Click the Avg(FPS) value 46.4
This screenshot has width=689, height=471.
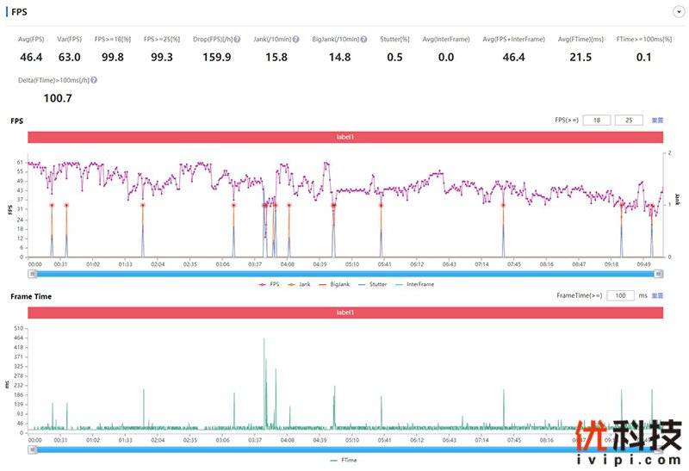click(x=31, y=57)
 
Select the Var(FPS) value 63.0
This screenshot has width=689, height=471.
click(x=70, y=57)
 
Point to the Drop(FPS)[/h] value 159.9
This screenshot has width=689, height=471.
click(x=215, y=57)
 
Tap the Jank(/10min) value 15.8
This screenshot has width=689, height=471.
click(x=276, y=57)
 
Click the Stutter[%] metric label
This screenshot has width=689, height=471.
click(x=394, y=39)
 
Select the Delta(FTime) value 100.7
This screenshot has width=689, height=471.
click(x=58, y=98)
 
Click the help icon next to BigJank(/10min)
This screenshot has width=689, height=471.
click(x=364, y=40)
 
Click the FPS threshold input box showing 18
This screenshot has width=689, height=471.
click(x=596, y=121)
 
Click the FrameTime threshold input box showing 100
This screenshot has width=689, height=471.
click(x=620, y=295)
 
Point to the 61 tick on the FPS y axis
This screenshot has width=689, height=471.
click(x=20, y=162)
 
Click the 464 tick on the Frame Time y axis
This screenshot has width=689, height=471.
click(x=18, y=338)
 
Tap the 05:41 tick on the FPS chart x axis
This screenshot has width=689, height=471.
click(x=385, y=264)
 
